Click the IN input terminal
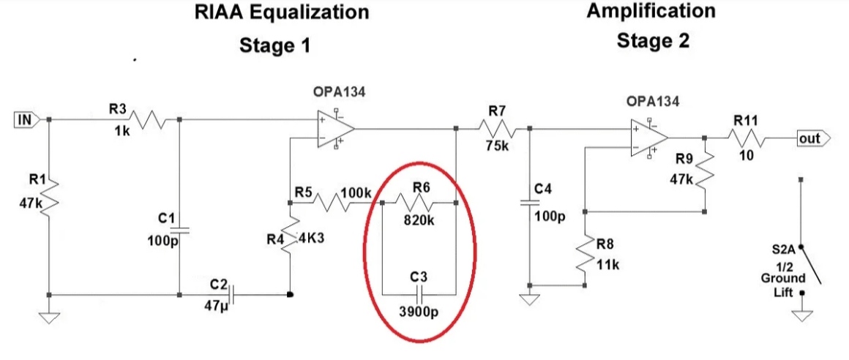point(26,120)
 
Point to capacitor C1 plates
point(179,230)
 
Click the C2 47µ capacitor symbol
point(231,295)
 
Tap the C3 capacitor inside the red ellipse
point(419,295)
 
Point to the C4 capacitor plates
point(530,203)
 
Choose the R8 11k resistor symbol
point(586,257)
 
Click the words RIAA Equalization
point(282,12)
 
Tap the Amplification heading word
point(651,10)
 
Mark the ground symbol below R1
point(49,318)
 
